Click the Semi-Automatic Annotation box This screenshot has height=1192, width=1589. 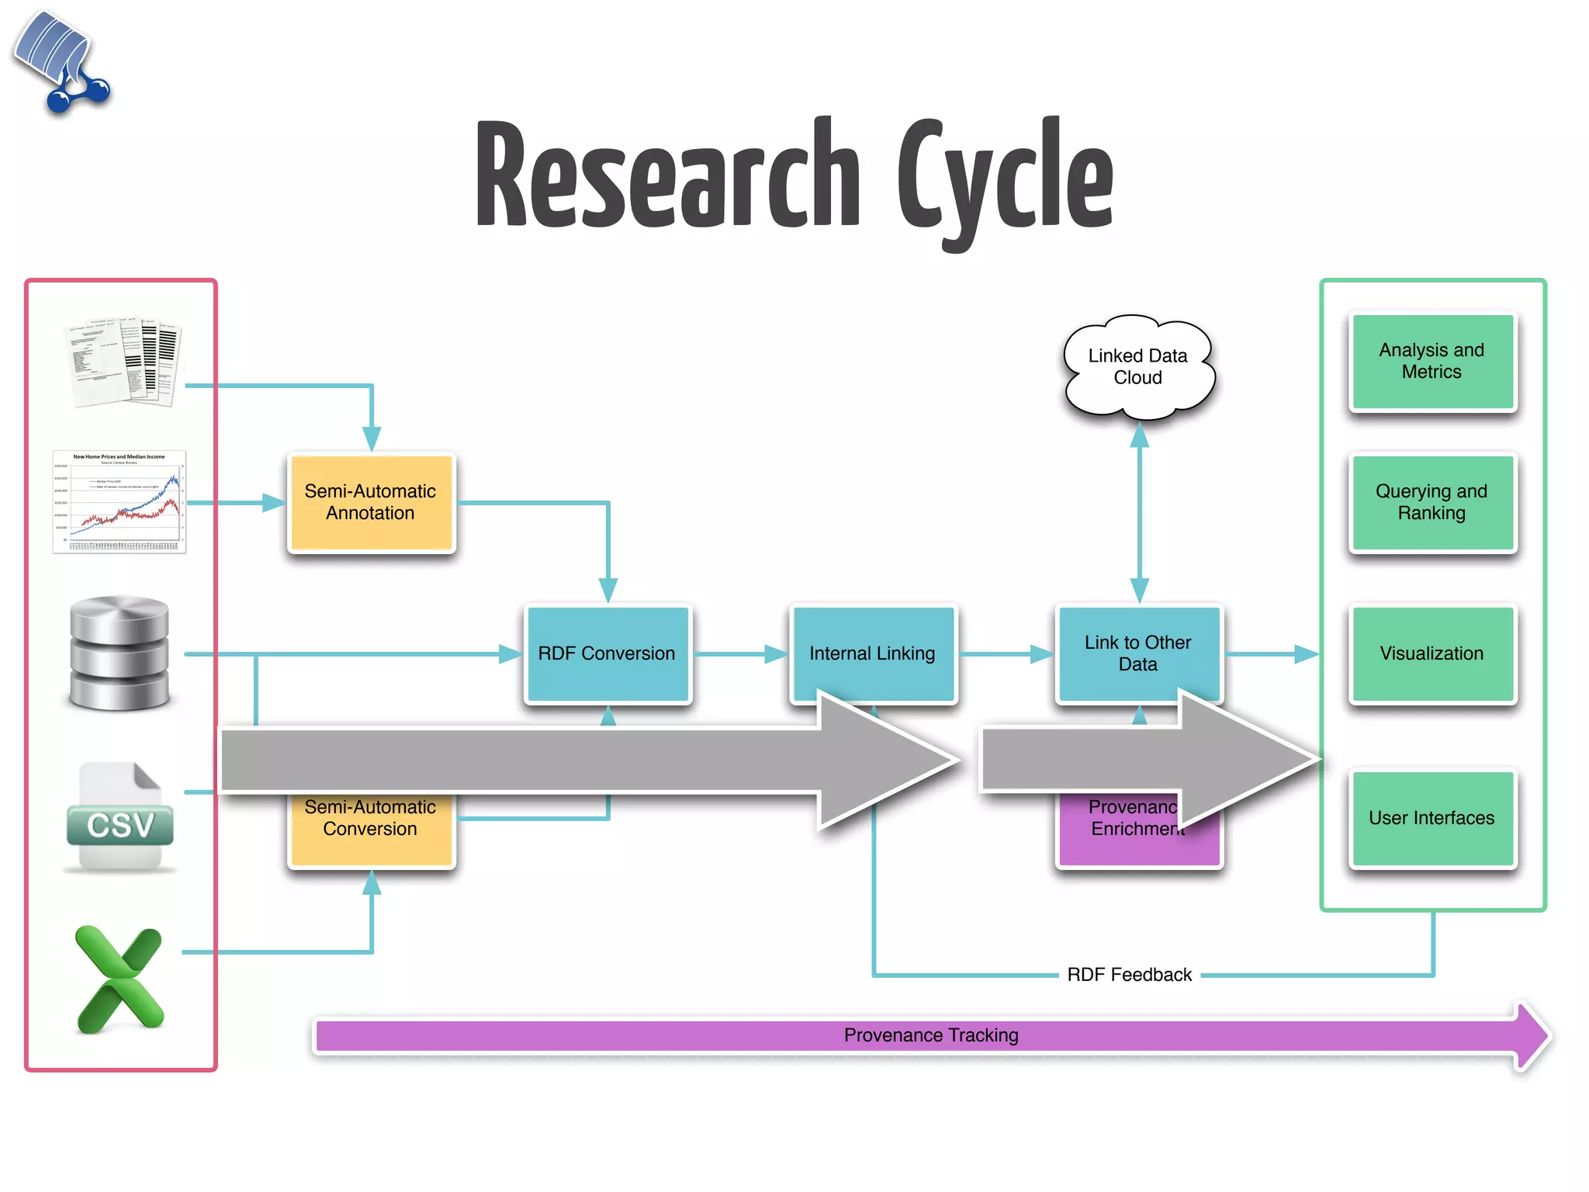point(371,502)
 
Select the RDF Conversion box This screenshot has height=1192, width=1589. point(607,653)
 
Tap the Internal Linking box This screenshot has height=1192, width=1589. point(872,653)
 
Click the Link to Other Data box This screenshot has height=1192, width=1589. point(1137,653)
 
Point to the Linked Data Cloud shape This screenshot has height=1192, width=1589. point(1137,366)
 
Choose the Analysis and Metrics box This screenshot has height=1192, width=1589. point(1431,361)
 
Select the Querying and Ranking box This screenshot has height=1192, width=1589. point(1431,502)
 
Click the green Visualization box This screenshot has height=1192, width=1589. point(1431,653)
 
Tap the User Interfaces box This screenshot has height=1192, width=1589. point(1431,818)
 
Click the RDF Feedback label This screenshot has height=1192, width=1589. point(1129,975)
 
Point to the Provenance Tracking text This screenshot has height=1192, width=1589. point(931,1035)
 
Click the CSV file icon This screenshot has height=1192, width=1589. point(120,816)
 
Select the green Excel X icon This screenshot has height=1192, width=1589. point(120,979)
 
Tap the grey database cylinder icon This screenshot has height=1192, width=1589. point(119,653)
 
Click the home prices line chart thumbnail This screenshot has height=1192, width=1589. point(119,501)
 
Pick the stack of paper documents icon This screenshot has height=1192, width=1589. point(124,362)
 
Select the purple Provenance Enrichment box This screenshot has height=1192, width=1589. point(1117,842)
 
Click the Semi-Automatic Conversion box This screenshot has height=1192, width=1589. point(370,830)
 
